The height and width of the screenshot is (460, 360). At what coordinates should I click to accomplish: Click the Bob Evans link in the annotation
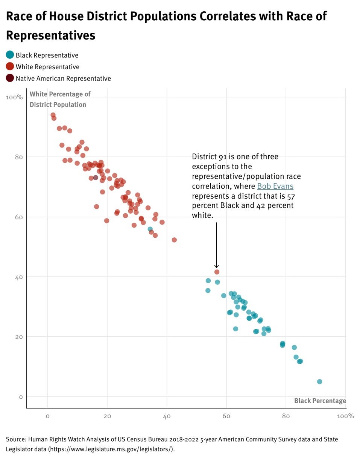pos(275,186)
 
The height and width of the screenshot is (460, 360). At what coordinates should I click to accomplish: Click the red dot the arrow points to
pos(217,272)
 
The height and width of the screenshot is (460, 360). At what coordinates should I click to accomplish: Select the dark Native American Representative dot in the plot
pos(96,178)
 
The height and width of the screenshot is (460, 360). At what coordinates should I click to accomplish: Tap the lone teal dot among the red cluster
pos(150,229)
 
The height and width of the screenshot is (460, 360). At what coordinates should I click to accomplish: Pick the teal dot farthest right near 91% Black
pos(319,381)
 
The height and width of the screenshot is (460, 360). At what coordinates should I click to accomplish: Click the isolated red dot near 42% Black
pos(174,240)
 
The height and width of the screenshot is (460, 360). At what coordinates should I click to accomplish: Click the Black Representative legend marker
pos(10,55)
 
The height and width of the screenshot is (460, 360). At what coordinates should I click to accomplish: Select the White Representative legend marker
pos(10,67)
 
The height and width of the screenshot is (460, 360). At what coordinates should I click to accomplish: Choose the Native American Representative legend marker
pos(10,78)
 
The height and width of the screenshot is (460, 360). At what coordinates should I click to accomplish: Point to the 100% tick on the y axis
pos(15,97)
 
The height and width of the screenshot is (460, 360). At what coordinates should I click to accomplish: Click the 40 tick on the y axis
pos(18,277)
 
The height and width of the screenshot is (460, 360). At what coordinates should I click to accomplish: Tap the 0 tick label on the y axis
pos(21,397)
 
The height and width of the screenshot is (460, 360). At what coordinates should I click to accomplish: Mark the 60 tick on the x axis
pos(226,416)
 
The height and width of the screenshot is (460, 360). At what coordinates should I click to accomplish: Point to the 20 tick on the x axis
pos(107,416)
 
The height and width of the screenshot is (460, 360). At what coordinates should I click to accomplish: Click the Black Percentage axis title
pos(320,401)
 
